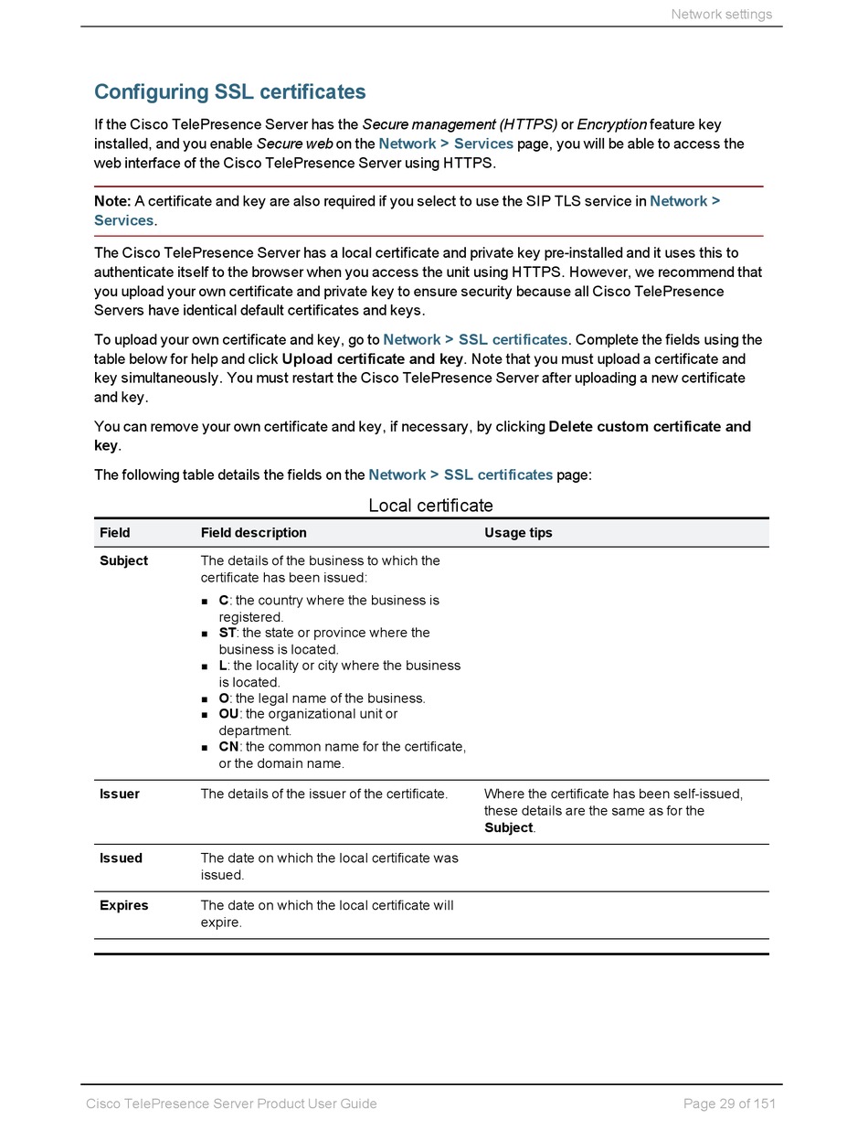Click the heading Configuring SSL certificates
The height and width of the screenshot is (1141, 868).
click(x=229, y=92)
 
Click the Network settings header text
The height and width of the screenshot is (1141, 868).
click(x=721, y=14)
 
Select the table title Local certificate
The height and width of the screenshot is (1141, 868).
click(x=430, y=506)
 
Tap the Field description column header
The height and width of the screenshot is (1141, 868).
click(x=253, y=533)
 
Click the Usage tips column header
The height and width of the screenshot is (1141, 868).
click(x=518, y=533)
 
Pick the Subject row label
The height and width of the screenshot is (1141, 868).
click(x=123, y=560)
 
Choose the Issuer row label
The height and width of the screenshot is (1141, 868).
click(x=120, y=794)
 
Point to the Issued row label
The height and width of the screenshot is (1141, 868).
click(x=121, y=858)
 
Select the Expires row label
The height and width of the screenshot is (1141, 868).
click(x=123, y=905)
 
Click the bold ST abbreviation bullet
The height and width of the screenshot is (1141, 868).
click(x=227, y=633)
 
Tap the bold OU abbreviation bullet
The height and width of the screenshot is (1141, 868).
click(x=228, y=713)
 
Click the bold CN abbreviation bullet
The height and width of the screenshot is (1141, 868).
click(x=228, y=746)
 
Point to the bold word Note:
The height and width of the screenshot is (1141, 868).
click(x=112, y=201)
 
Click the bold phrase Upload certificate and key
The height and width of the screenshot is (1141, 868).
click(x=372, y=358)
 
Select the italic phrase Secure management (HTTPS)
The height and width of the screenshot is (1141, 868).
click(x=460, y=124)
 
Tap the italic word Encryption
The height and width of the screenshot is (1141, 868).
click(x=611, y=124)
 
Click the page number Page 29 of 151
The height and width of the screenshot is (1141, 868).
click(x=729, y=1104)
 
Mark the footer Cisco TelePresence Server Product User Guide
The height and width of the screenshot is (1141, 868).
click(x=231, y=1104)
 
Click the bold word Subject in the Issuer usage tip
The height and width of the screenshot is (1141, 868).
click(x=508, y=827)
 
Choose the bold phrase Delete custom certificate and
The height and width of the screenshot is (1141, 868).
click(x=649, y=426)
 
